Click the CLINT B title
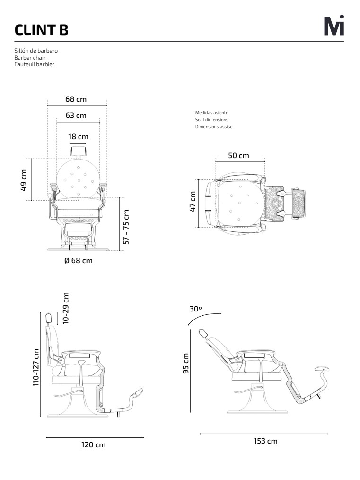pyautogui.click(x=41, y=30)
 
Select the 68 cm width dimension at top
pyautogui.click(x=76, y=99)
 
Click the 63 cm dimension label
pyautogui.click(x=76, y=116)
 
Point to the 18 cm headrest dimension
pyautogui.click(x=79, y=136)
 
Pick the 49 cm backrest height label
pyautogui.click(x=24, y=180)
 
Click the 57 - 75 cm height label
pyautogui.click(x=126, y=227)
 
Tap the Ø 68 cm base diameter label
pyautogui.click(x=79, y=260)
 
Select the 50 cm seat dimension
pyautogui.click(x=238, y=156)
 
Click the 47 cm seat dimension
pyautogui.click(x=193, y=202)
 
